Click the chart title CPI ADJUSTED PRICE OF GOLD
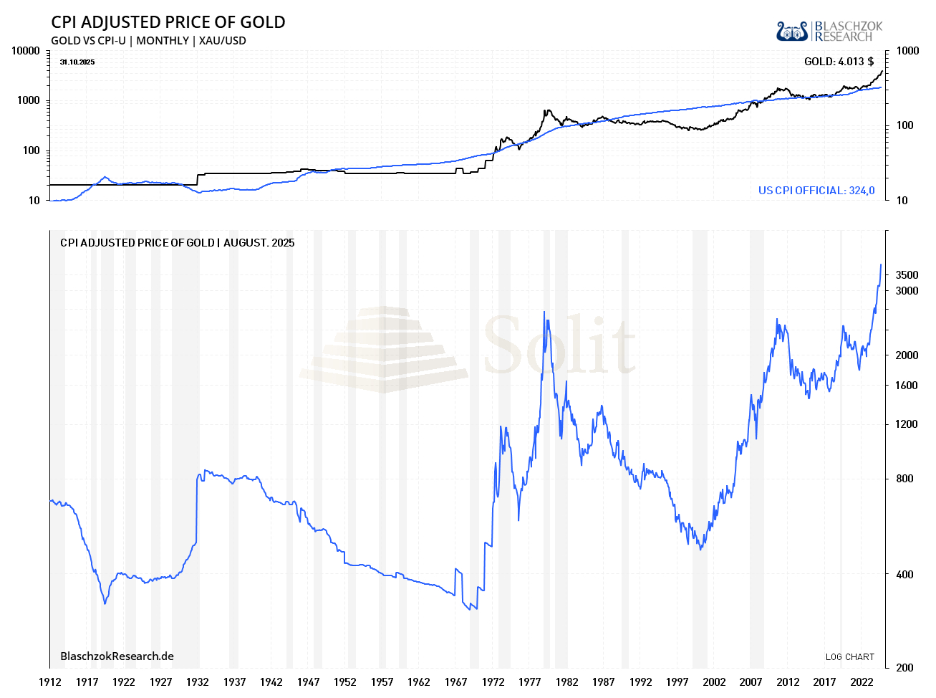168,22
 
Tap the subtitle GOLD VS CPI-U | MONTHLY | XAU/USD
148,41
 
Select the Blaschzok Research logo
829,31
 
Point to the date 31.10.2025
77,62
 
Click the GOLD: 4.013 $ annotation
839,62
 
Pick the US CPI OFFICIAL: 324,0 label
816,191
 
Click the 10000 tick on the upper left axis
26,51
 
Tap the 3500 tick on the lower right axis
907,275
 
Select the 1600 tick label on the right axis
907,386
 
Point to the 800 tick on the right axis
904,479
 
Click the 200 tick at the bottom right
904,668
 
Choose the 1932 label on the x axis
198,682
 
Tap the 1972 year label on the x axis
493,682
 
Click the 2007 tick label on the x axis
751,682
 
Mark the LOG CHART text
849,657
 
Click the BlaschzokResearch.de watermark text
117,656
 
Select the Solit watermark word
559,346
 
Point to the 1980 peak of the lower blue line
544,312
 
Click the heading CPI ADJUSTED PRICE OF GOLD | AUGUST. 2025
177,243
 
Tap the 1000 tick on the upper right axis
907,51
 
